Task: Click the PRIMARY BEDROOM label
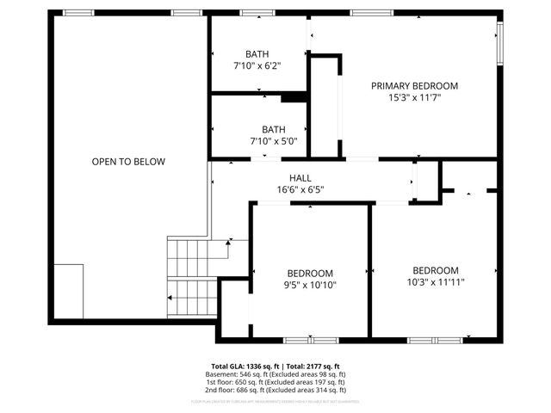[x=414, y=86]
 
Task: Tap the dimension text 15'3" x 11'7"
[x=414, y=98]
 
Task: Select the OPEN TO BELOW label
[x=128, y=162]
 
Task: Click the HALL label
[x=300, y=177]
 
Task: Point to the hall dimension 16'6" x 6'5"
[x=300, y=189]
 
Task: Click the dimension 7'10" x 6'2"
[x=257, y=65]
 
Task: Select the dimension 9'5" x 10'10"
[x=310, y=285]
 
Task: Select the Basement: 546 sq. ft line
[x=275, y=375]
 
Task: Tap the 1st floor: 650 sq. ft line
[x=275, y=383]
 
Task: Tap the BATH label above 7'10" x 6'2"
[x=257, y=53]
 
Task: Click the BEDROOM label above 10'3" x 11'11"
[x=435, y=269]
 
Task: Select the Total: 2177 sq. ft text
[x=313, y=367]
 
